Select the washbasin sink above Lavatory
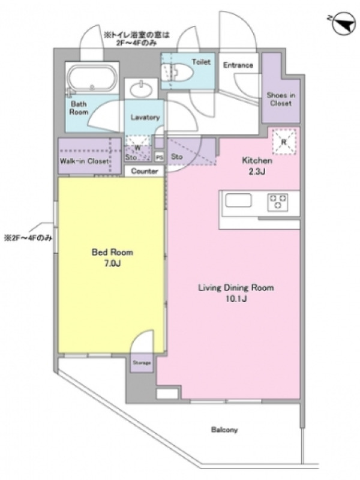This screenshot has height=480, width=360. click(x=141, y=89)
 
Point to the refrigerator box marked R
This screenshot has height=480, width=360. click(x=284, y=142)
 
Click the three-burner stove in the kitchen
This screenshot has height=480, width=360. click(x=278, y=202)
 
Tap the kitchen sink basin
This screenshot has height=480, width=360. click(x=238, y=201)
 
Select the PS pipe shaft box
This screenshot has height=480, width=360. click(x=159, y=157)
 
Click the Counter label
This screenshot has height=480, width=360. click(x=145, y=171)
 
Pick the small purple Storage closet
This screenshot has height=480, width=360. click(x=142, y=363)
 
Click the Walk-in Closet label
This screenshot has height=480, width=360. click(x=84, y=161)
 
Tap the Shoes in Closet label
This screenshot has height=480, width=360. click(x=281, y=99)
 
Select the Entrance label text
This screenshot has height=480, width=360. click(x=238, y=65)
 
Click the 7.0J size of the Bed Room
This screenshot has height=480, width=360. click(x=112, y=263)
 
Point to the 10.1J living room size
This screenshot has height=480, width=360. click(x=236, y=298)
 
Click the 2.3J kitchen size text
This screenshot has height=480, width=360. click(x=257, y=172)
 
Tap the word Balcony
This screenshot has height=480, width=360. click(x=224, y=430)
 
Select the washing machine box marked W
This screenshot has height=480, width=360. click(x=138, y=148)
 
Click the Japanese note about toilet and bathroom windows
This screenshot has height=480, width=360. click(x=137, y=39)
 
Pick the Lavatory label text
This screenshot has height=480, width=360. click(x=145, y=117)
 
